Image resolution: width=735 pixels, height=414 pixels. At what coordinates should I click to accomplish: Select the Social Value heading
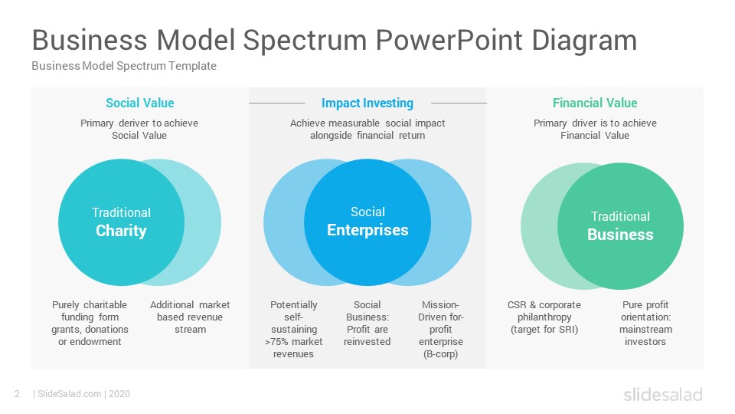point(139,103)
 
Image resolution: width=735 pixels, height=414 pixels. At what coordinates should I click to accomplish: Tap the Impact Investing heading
point(367,103)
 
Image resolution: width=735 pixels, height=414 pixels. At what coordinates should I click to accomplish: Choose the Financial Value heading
point(595,103)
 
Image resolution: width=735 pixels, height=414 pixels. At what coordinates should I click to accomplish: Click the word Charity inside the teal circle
point(121,231)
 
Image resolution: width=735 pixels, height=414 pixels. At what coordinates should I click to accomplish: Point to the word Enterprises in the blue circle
point(367,230)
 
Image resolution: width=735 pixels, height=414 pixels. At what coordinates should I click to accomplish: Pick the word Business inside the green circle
point(620,235)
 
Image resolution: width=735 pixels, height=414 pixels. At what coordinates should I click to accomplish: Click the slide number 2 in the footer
point(18,394)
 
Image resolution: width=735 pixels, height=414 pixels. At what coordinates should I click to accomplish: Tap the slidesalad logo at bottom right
point(663,394)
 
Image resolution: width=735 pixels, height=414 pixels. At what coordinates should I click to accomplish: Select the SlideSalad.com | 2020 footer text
point(83,394)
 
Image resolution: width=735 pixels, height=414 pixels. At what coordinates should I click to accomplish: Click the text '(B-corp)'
point(441,354)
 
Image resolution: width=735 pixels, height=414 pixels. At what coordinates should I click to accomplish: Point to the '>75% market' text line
point(293,342)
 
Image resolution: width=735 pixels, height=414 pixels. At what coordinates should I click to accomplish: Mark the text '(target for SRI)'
point(544,330)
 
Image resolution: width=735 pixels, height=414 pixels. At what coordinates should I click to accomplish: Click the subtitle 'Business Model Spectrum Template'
point(124,66)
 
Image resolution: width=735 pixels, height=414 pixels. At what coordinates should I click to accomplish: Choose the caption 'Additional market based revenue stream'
point(190,317)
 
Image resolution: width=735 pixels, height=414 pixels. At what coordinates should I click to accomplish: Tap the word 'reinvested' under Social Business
point(367,342)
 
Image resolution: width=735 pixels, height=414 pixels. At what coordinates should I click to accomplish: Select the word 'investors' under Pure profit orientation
point(645,342)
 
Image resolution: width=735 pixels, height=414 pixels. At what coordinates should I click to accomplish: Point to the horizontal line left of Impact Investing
point(276,103)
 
